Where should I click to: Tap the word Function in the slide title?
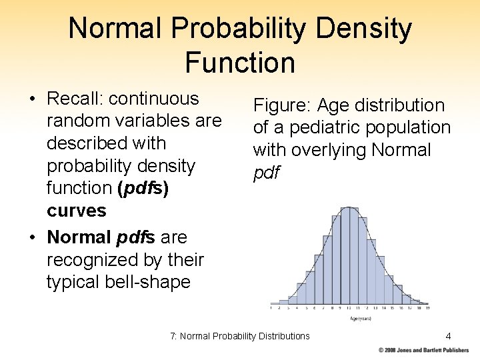(240, 63)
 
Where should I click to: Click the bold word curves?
(76, 211)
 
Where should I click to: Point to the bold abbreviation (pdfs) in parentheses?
(143, 188)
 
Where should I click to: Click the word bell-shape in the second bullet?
(148, 282)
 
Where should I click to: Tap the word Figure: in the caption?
(281, 105)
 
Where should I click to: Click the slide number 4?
(449, 335)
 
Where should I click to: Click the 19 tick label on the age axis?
(426, 309)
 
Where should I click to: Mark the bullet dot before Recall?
(32, 99)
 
